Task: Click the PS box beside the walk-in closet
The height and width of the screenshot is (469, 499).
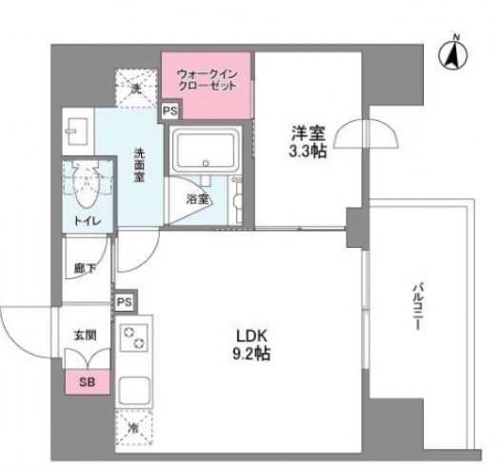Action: tap(170, 111)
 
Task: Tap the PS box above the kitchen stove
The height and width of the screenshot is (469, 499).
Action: tap(124, 302)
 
